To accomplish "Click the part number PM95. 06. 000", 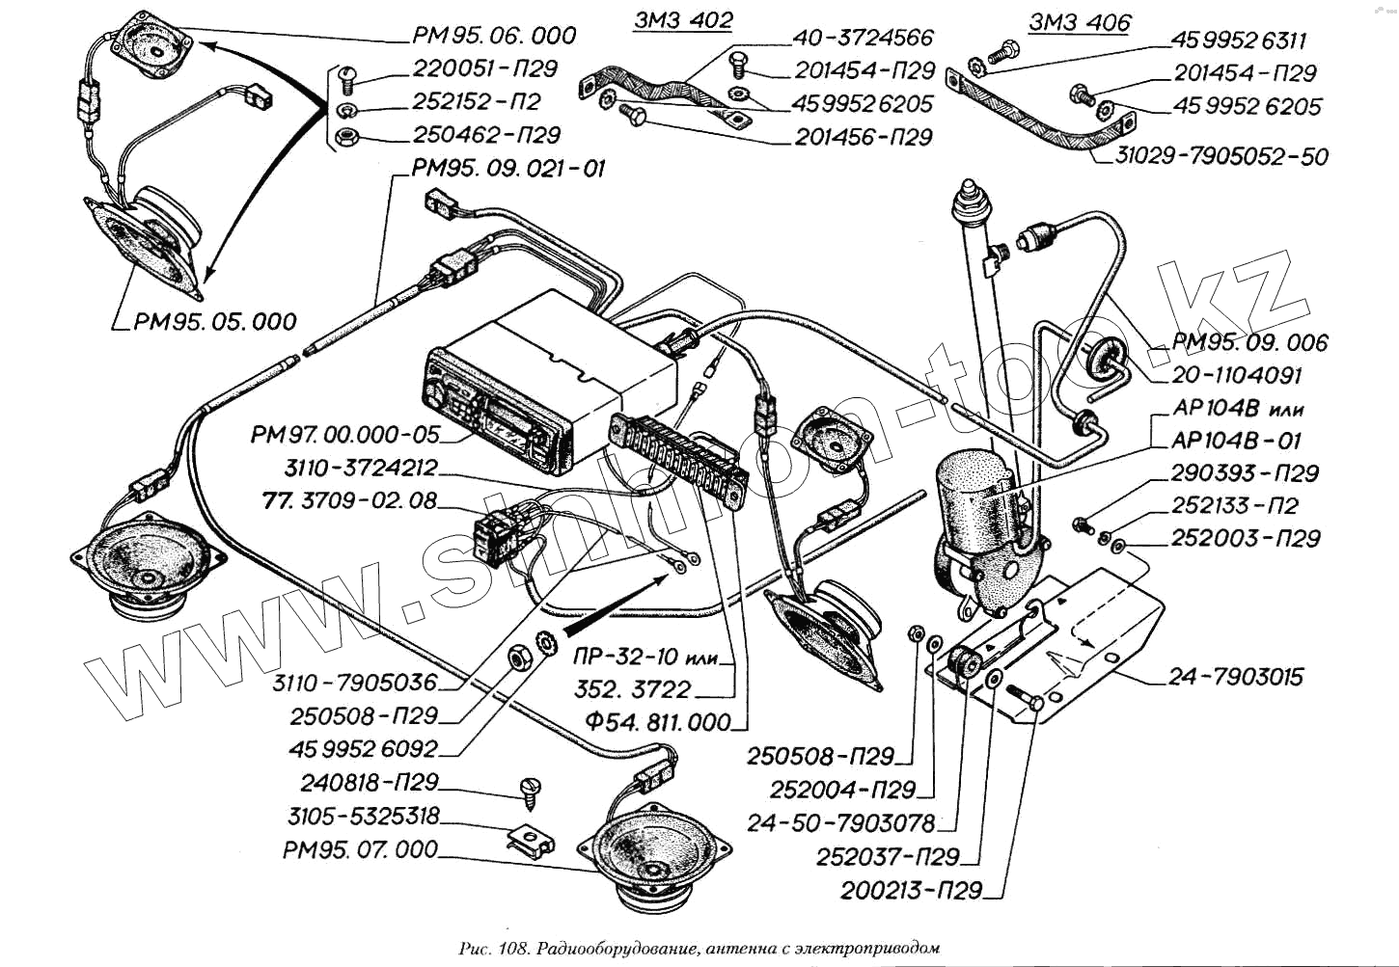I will (493, 36).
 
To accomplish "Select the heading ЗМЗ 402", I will (683, 20).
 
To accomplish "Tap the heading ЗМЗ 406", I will (1079, 22).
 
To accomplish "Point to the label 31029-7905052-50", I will (1221, 156).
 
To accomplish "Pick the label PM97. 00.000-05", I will (344, 435).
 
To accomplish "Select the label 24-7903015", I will (1235, 677).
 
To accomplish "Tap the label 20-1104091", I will (1237, 375).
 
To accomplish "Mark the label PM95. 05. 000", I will (214, 321).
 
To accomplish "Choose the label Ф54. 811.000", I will (658, 722).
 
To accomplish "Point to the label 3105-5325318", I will (363, 817).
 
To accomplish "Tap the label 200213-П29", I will (911, 890).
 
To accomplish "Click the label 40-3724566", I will (863, 38).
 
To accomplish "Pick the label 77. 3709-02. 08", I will (349, 500).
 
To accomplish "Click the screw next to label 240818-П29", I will (531, 790).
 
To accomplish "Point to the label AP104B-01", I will (1236, 441).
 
